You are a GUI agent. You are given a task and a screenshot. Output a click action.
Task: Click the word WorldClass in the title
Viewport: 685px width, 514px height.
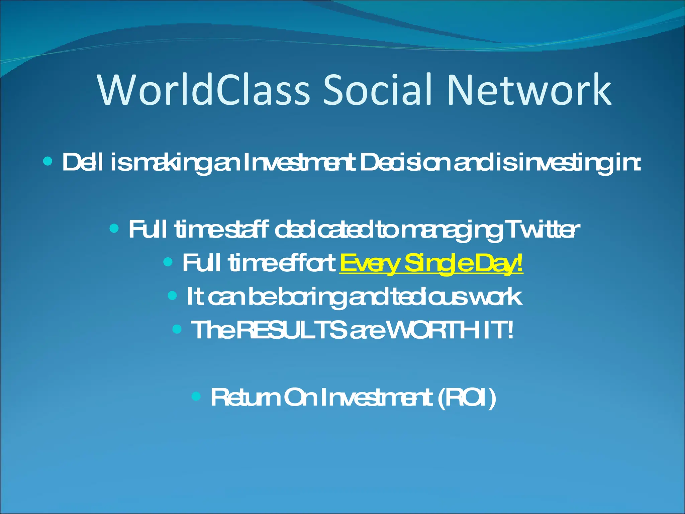204,90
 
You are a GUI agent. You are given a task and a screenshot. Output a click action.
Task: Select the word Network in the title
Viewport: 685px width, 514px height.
529,90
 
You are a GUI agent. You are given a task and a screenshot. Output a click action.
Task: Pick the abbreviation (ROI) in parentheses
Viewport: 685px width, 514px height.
467,398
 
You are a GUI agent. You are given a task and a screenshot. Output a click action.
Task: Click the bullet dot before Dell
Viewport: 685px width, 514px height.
48,162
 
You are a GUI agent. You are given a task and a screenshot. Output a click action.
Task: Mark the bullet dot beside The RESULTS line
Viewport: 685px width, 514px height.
177,329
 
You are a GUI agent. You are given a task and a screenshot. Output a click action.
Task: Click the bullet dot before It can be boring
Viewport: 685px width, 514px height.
172,295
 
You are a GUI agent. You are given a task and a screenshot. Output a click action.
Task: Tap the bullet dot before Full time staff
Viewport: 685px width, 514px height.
114,229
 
